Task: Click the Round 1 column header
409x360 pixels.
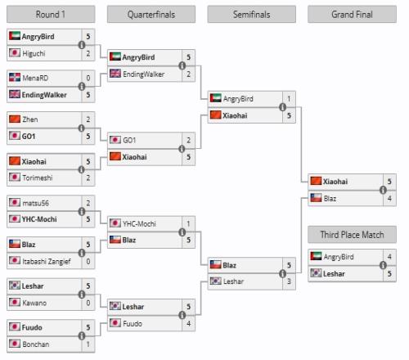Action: click(x=51, y=14)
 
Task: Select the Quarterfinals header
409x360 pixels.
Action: click(x=151, y=14)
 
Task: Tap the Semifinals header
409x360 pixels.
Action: click(x=251, y=14)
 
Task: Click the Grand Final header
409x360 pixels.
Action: click(x=352, y=14)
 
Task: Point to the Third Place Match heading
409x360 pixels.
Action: click(x=352, y=235)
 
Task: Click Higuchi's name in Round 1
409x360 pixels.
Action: click(x=34, y=53)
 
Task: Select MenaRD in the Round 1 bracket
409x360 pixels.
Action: click(x=35, y=79)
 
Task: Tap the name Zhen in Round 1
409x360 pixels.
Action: click(x=30, y=119)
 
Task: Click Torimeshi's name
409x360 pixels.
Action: click(x=38, y=178)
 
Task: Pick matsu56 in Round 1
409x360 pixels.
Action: click(x=36, y=203)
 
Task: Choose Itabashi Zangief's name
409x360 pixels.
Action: click(x=47, y=261)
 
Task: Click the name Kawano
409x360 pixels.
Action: click(x=34, y=303)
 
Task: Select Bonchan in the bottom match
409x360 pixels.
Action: click(x=36, y=344)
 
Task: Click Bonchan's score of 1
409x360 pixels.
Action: click(x=88, y=344)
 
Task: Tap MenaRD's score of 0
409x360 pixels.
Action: click(x=88, y=79)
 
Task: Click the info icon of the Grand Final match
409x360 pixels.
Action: click(x=383, y=190)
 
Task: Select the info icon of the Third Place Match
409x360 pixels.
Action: click(x=383, y=265)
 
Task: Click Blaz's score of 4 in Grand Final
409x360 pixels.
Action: click(x=389, y=199)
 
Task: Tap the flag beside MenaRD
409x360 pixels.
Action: click(x=15, y=78)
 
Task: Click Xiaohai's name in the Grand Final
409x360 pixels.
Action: click(x=335, y=182)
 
